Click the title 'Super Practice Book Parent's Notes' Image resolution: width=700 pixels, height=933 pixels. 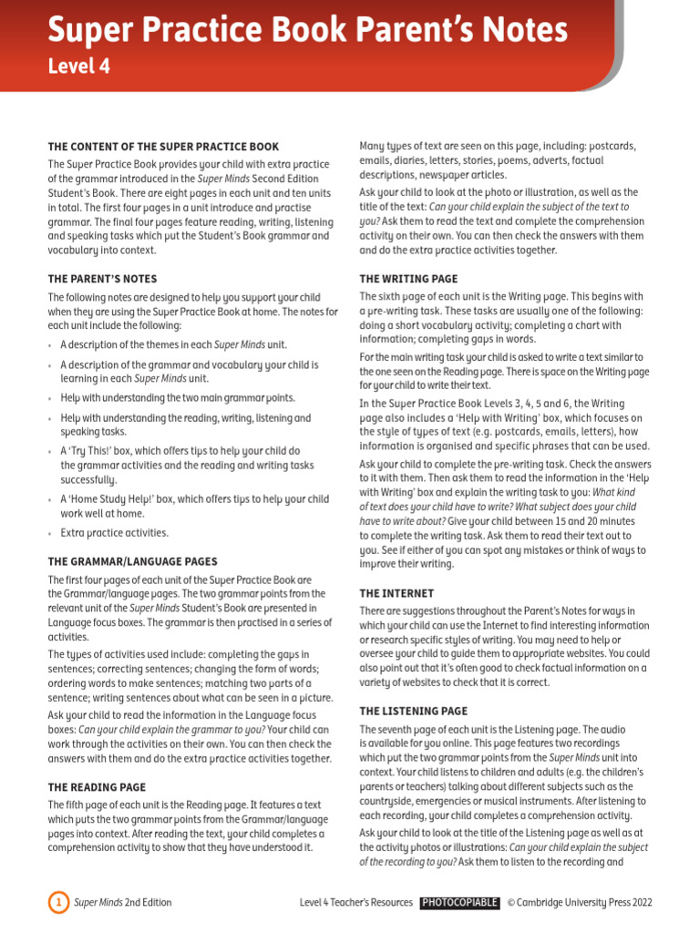[307, 31]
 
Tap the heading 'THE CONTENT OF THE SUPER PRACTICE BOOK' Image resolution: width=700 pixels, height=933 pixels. [163, 147]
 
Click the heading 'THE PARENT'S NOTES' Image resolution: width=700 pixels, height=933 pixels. [102, 279]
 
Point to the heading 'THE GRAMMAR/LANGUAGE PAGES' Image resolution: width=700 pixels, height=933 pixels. [132, 562]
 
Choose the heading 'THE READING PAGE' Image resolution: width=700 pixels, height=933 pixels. [97, 786]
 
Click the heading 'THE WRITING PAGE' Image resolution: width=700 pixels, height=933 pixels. [408, 279]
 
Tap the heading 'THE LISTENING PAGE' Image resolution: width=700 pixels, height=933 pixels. [413, 711]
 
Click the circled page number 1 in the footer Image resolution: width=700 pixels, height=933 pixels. [57, 903]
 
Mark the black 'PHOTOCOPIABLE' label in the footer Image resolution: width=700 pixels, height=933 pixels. [459, 903]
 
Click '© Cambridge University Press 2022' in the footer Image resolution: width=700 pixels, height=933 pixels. [580, 903]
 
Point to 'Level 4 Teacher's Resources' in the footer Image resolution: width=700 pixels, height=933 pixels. [356, 903]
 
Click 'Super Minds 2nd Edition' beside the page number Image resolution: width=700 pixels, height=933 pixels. [123, 903]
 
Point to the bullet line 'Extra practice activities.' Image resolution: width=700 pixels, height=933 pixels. [115, 533]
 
